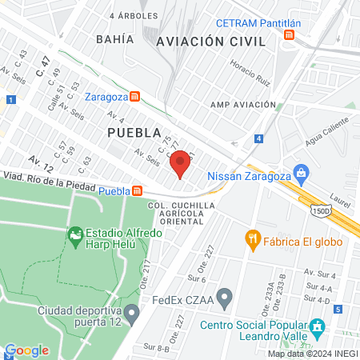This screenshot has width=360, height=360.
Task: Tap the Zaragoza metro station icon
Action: pyautogui.click(x=135, y=97)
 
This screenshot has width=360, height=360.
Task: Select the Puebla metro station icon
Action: pyautogui.click(x=138, y=190)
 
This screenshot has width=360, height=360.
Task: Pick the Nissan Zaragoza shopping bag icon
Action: pyautogui.click(x=302, y=171)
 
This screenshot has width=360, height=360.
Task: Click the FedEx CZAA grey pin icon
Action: pyautogui.click(x=225, y=301)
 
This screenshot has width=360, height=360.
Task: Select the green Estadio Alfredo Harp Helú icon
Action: pyautogui.click(x=76, y=234)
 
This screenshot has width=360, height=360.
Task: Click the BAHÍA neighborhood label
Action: pyautogui.click(x=114, y=38)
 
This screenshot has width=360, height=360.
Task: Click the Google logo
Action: pyautogui.click(x=26, y=350)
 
